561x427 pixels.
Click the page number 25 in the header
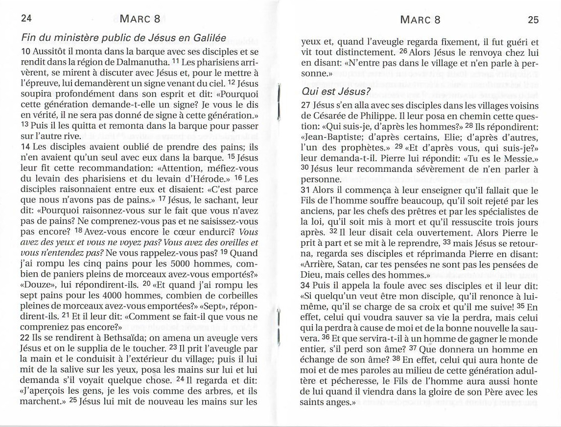533,20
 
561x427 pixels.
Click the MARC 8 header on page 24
140,20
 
